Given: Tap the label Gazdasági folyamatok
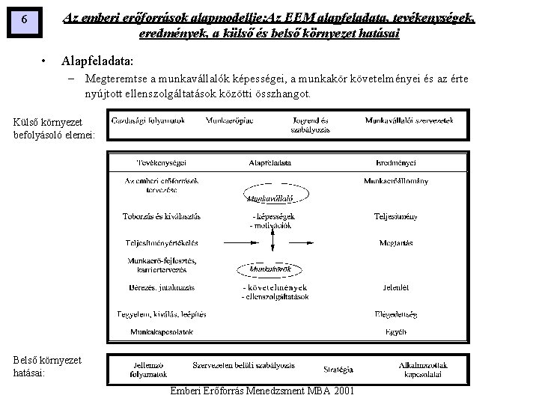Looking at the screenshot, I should click(147, 120).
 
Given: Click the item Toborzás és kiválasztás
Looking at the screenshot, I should click(162, 216).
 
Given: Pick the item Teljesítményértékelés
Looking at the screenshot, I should click(162, 242).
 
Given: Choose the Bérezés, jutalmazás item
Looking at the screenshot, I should click(162, 287).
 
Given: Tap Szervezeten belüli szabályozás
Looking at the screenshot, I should click(244, 364).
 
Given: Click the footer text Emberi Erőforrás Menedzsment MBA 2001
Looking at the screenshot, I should click(263, 392).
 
